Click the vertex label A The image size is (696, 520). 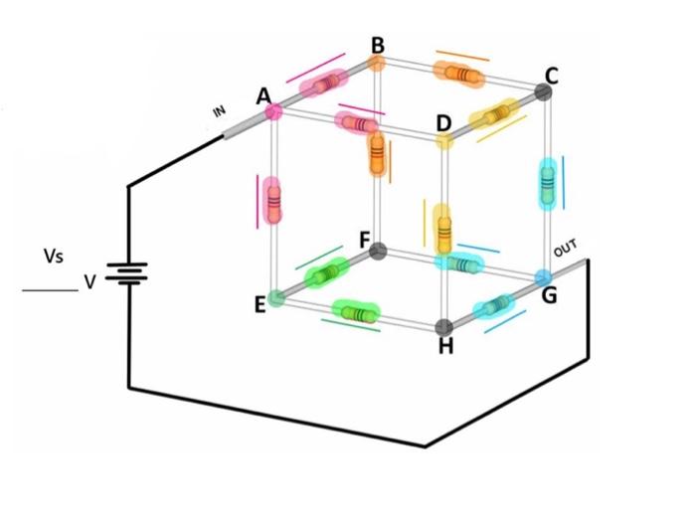coord(263,96)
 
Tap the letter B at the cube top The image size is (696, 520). coord(378,45)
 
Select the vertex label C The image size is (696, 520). coord(552,75)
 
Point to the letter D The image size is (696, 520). coord(443,124)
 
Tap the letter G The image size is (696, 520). coord(549,295)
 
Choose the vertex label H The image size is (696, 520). coord(445,345)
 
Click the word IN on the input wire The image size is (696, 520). coord(220,110)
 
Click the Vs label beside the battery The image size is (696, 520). coord(54,257)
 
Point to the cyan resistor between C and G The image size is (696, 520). coord(547,183)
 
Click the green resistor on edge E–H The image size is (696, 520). coord(355,312)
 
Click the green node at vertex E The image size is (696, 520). coord(278,295)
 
